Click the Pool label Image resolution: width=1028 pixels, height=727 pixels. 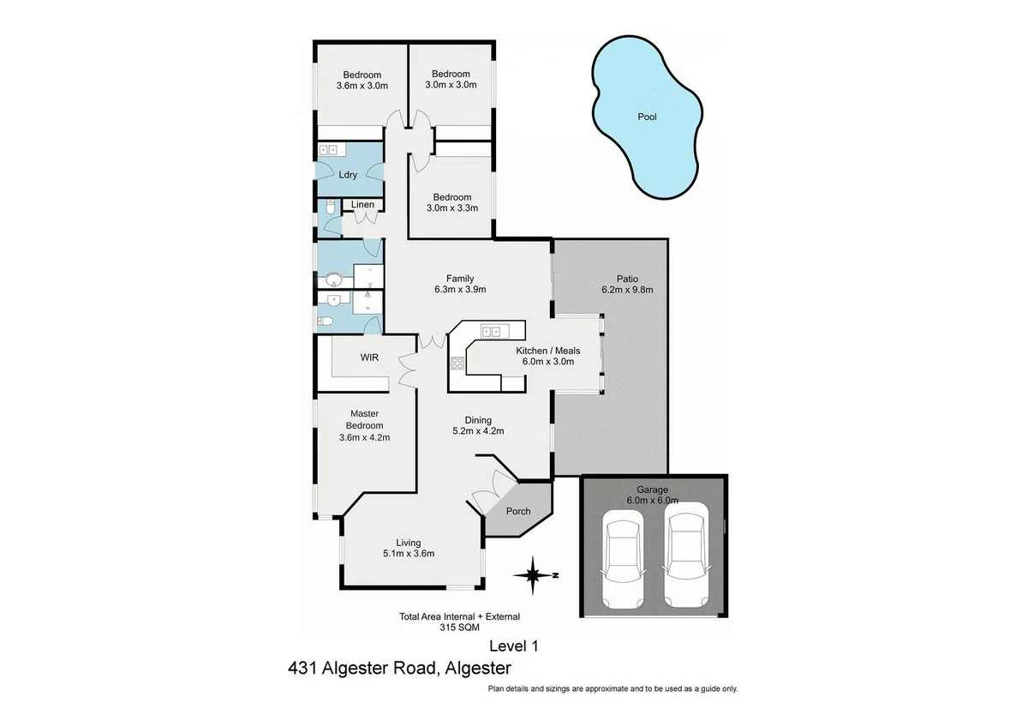click(647, 117)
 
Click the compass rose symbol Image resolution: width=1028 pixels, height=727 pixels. click(533, 575)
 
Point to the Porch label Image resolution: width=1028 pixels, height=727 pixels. click(518, 511)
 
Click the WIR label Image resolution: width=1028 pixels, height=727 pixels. click(369, 357)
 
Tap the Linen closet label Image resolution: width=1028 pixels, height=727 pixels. click(362, 205)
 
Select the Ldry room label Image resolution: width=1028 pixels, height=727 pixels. click(348, 175)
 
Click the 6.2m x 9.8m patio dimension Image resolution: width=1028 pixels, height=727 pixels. click(627, 290)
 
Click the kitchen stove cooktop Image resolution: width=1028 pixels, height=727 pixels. click(457, 363)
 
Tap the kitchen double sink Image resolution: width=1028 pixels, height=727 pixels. click(491, 330)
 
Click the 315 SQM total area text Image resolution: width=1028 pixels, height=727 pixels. click(459, 627)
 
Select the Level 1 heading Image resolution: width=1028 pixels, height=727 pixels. click(513, 646)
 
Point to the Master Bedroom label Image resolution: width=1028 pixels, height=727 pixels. click(364, 420)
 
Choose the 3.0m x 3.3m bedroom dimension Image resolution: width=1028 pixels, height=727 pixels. click(451, 207)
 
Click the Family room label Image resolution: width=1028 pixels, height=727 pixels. click(460, 278)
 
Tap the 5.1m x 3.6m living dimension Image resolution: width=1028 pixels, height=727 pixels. click(409, 553)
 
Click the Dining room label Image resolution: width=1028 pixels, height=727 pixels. click(478, 420)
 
